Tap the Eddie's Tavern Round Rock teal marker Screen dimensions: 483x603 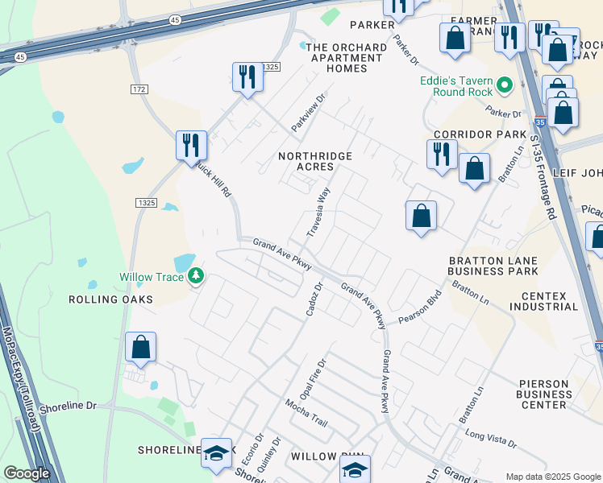coord(505,85)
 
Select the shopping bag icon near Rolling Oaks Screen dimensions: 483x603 coord(140,348)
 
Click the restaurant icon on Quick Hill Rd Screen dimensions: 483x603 coord(191,145)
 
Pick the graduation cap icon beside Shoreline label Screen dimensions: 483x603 coord(216,454)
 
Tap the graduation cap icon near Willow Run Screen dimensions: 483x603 coord(355,469)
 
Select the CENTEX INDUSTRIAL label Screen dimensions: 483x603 coord(543,301)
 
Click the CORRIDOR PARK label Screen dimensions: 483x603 coord(480,134)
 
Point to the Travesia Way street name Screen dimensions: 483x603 coord(318,212)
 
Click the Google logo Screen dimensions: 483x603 coord(27,473)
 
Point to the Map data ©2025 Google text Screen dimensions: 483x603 coord(551,477)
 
